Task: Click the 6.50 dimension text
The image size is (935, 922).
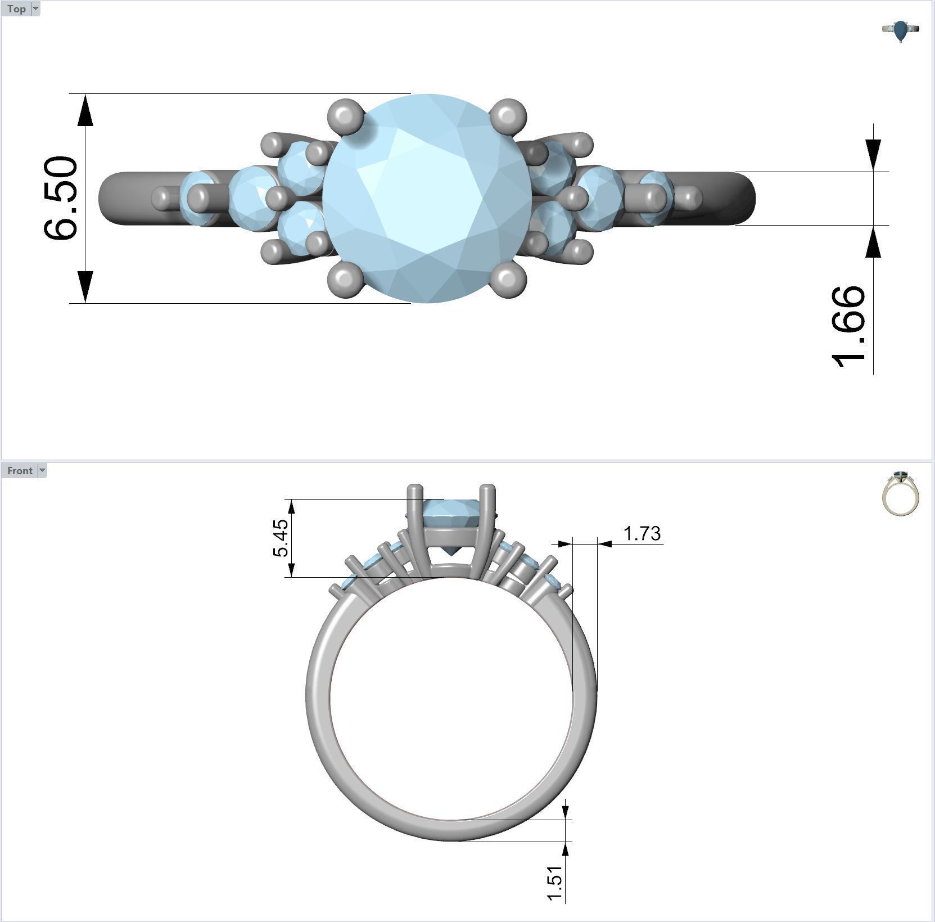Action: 61,198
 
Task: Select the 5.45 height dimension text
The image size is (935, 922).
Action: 281,538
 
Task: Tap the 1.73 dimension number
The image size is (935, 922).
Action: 642,533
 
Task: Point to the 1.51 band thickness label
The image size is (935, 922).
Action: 554,883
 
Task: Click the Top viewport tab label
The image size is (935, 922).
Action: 16,8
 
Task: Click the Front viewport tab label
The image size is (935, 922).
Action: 20,470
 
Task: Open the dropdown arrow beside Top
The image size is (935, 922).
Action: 35,8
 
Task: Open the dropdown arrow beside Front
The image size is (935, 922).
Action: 42,470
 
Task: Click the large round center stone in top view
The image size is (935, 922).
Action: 427,198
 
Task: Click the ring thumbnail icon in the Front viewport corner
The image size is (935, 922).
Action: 900,493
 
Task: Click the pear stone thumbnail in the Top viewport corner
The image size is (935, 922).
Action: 901,31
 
